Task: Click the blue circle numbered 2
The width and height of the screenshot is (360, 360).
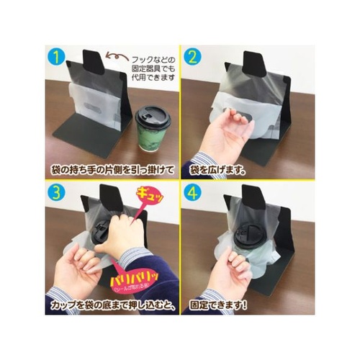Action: [x=193, y=55]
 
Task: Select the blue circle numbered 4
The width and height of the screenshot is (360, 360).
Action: [x=193, y=192]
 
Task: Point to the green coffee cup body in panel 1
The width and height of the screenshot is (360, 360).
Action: [x=151, y=140]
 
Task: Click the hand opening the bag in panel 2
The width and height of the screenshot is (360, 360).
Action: [x=228, y=133]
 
